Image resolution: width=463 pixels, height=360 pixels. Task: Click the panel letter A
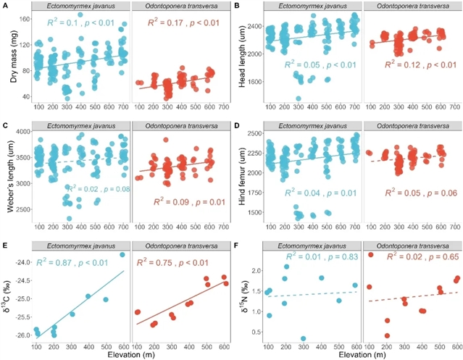coord(5,5)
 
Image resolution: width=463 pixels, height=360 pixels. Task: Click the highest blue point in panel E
coord(122,255)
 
